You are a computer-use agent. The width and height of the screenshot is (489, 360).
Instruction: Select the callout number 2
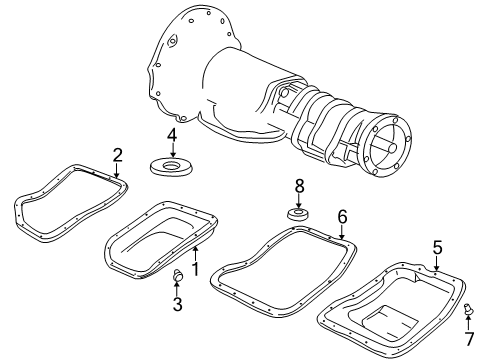(x=117, y=155)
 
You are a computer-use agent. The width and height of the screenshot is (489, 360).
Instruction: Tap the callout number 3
(x=177, y=305)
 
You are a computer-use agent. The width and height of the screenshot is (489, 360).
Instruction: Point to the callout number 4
(x=172, y=135)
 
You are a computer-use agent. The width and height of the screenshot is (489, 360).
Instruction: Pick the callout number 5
(x=437, y=246)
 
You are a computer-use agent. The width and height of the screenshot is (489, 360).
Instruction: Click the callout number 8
(x=297, y=186)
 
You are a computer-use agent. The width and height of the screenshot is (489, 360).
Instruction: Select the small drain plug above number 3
(x=177, y=276)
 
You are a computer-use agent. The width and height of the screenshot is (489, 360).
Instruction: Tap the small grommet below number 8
(x=297, y=214)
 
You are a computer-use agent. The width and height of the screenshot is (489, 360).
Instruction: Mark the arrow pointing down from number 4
(x=172, y=149)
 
